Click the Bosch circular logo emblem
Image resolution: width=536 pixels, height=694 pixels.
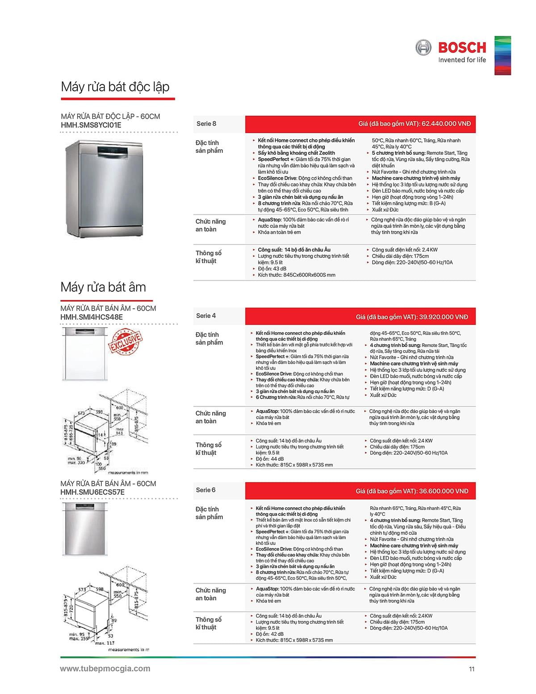(x=423, y=47)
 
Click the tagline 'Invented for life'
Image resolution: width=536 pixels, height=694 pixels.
(x=462, y=60)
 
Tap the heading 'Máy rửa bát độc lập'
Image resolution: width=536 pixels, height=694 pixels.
(x=115, y=86)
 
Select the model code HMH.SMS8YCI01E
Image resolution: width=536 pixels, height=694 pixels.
(x=91, y=125)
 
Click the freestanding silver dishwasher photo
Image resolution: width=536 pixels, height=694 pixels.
(x=104, y=188)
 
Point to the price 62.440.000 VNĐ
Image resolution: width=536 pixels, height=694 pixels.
(x=446, y=124)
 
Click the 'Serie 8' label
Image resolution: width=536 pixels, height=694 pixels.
(x=206, y=124)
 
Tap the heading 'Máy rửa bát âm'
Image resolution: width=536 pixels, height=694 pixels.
(x=103, y=287)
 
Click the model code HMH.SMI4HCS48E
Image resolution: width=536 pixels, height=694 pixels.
(x=92, y=317)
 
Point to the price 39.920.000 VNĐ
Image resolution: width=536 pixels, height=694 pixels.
(x=444, y=317)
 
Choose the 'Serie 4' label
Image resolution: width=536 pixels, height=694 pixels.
(x=206, y=316)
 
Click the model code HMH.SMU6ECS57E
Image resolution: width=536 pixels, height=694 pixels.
(x=92, y=492)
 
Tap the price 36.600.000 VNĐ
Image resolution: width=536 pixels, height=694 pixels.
(x=444, y=491)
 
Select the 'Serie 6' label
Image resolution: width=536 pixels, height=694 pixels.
(x=205, y=490)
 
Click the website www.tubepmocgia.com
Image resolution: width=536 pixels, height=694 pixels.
(x=105, y=669)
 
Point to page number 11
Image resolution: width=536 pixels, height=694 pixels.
(x=472, y=669)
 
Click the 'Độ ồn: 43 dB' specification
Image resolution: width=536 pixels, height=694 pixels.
(x=272, y=269)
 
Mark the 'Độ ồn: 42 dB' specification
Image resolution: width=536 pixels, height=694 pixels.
(x=270, y=634)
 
